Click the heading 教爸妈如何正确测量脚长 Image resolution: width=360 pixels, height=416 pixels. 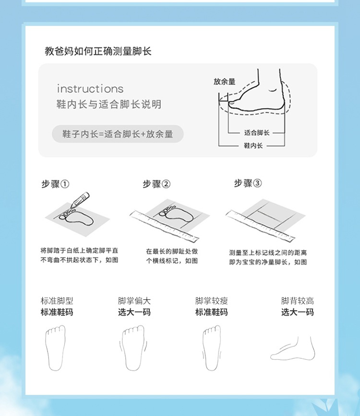(x=98, y=51)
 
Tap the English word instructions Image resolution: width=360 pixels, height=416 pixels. (x=90, y=89)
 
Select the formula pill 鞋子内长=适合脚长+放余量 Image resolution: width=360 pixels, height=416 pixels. (x=118, y=134)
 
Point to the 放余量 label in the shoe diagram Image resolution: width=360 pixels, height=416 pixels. (x=225, y=82)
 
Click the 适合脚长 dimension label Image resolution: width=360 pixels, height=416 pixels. (x=257, y=133)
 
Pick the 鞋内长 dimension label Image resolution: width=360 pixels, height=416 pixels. (x=253, y=146)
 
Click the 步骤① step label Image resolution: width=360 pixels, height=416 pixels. (x=55, y=184)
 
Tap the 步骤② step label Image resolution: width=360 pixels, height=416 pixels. (x=156, y=184)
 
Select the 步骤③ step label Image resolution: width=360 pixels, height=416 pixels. (x=248, y=183)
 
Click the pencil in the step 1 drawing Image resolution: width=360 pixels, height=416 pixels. (x=80, y=199)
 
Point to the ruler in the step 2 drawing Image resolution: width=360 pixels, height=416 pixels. (x=164, y=226)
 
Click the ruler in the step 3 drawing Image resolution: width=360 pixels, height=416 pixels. (x=260, y=225)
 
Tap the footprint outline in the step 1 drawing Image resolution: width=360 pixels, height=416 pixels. (x=76, y=217)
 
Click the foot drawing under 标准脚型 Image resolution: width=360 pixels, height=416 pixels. (x=55, y=348)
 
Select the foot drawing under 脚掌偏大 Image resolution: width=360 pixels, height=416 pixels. (x=134, y=348)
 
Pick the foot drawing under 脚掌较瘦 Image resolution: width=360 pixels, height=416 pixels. (x=212, y=348)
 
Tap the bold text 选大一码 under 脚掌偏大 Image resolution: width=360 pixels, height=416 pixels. (x=134, y=312)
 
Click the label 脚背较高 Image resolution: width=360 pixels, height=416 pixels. (x=298, y=301)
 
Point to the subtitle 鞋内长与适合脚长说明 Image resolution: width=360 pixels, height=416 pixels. (x=109, y=104)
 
